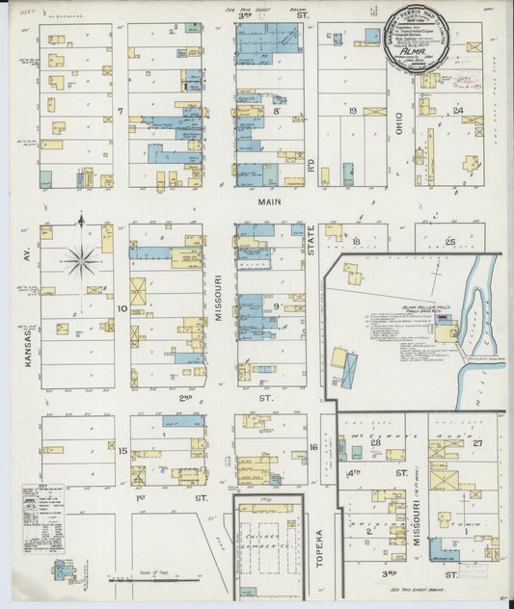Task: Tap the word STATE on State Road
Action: [x=312, y=237]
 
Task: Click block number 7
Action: [x=121, y=112]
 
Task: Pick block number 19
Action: [x=352, y=111]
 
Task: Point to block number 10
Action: [x=122, y=308]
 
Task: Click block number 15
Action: [x=122, y=450]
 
